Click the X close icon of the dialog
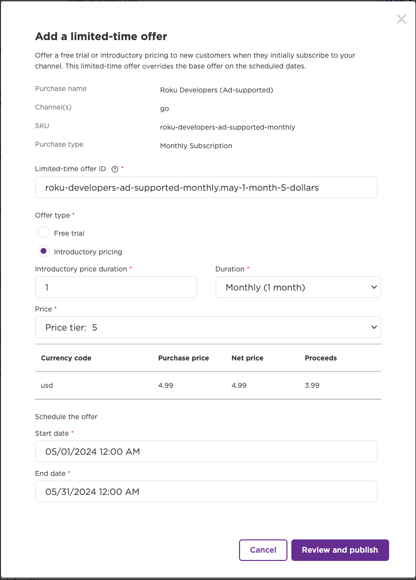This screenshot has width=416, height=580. coord(401,20)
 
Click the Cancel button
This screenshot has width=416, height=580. coord(263,550)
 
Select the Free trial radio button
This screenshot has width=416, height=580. coord(44,233)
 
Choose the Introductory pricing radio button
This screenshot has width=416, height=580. coord(44,251)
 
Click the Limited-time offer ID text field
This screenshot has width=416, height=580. coord(206,187)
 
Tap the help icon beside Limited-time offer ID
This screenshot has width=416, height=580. coord(115,169)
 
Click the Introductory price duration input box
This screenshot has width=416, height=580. coord(116,287)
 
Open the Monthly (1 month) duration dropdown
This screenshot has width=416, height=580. coord(298,287)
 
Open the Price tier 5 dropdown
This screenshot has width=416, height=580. coord(208,327)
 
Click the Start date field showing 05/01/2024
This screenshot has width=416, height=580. coord(206,451)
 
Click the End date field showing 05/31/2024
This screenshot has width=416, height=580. coord(206,491)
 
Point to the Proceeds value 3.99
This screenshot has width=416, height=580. coord(312,385)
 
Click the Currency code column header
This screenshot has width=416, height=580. coord(66,358)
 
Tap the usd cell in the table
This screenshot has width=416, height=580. coord(47,385)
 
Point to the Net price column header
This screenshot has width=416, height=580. coord(247,358)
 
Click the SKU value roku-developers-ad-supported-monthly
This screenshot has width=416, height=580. coord(227,127)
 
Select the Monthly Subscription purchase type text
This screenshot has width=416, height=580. coord(196,146)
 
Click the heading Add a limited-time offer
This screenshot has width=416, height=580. coord(101,36)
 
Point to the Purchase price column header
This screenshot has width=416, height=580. coord(183,358)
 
